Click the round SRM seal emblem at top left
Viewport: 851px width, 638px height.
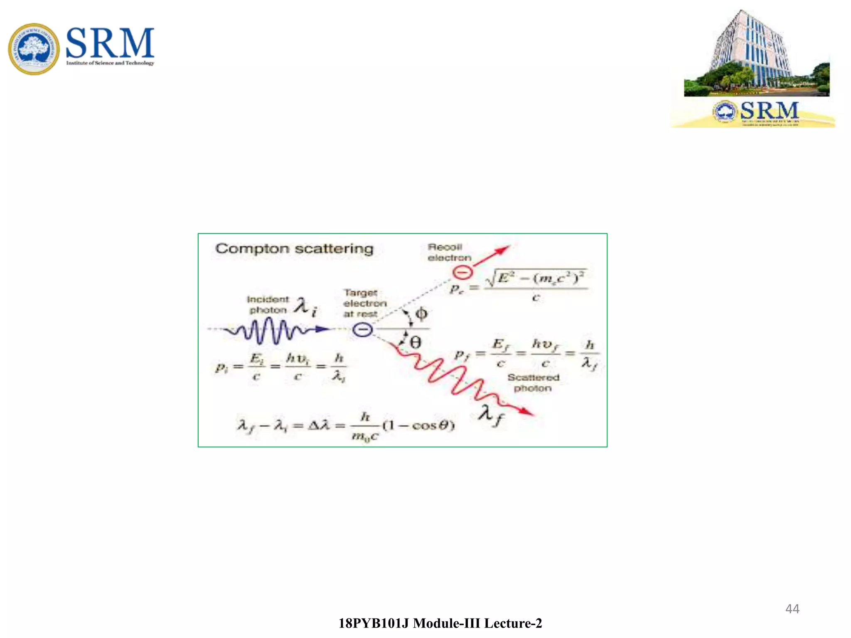34,49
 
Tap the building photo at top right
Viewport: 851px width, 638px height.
756,54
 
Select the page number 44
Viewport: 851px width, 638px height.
792,609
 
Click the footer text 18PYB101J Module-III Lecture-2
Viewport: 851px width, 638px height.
440,623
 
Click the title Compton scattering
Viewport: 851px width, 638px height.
294,249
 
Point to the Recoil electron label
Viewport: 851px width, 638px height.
449,253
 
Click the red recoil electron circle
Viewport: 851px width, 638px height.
462,272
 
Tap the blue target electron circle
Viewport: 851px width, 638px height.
362,330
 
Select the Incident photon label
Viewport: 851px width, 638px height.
268,304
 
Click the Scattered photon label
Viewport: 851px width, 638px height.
533,383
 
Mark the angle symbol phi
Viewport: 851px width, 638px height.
421,314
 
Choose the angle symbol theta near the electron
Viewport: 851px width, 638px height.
415,343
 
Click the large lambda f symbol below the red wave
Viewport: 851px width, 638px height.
490,415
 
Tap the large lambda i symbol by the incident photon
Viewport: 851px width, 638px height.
305,307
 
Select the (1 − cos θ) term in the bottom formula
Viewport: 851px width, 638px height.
419,425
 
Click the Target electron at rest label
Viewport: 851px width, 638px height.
365,304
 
